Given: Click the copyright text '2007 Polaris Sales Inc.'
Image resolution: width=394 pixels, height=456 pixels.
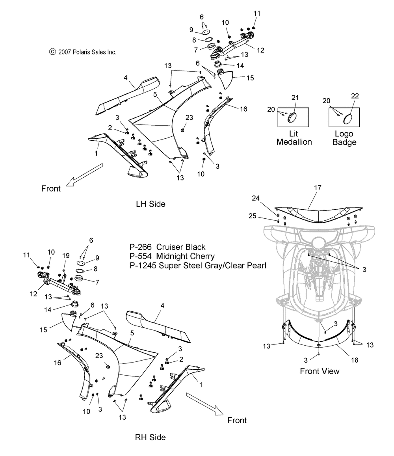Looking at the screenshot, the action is [87, 52].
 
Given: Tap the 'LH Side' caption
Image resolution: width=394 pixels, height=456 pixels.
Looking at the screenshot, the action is [151, 204].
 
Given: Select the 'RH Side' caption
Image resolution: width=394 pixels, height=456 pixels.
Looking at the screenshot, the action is [151, 437].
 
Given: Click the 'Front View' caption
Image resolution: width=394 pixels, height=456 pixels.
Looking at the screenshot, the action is [320, 371].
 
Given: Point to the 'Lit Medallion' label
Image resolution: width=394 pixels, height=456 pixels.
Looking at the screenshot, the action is [294, 138].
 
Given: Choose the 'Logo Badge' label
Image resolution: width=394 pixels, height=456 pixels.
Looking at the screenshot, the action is [344, 138].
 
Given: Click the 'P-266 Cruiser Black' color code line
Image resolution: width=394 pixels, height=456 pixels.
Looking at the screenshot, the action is [167, 247].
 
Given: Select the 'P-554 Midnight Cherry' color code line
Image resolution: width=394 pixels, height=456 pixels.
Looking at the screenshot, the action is [172, 256].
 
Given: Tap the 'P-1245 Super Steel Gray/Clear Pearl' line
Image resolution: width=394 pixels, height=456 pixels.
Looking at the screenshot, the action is [198, 266].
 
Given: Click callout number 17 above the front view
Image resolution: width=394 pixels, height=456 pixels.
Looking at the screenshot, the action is [318, 188].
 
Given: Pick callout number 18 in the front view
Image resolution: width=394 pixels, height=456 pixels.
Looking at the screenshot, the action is [355, 360].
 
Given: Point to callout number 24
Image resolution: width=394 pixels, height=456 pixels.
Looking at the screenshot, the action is [256, 198].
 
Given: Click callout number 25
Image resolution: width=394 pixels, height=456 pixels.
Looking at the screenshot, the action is [253, 216].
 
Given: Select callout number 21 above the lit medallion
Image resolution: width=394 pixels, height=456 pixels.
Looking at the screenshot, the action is [295, 98].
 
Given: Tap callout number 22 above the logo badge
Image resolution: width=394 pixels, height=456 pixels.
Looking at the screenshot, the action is [355, 96].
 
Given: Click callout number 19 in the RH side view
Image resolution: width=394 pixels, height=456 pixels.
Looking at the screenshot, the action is [66, 256].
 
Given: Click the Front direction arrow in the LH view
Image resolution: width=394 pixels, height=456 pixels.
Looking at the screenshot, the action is [84, 175].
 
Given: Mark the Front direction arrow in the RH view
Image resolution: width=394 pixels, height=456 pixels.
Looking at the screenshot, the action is [205, 404].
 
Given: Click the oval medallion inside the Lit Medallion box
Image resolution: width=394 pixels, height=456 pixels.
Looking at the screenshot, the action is [292, 118].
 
